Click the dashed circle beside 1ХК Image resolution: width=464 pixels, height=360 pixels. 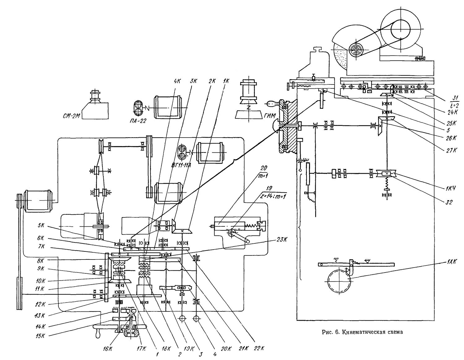[339, 281]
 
